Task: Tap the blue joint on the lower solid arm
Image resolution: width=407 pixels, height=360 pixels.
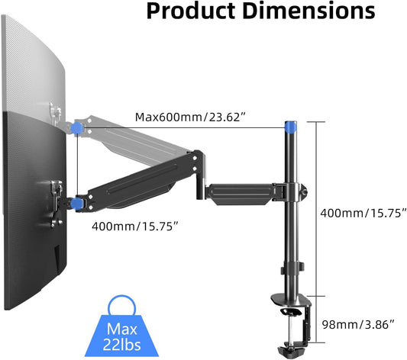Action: (76, 203)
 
